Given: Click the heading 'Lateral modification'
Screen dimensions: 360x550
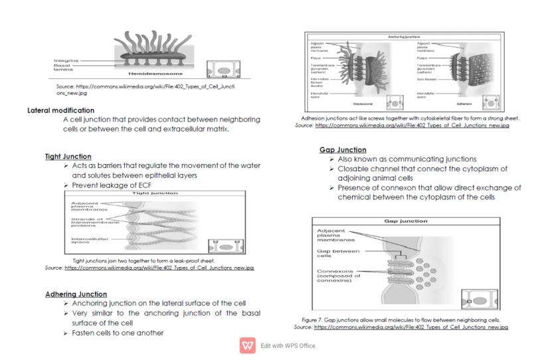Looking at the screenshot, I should click(x=61, y=110).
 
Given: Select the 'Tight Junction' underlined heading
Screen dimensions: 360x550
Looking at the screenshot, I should click(x=68, y=157).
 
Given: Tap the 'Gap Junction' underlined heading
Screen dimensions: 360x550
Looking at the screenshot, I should click(x=343, y=150).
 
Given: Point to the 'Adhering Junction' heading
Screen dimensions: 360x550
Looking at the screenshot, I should click(x=76, y=294).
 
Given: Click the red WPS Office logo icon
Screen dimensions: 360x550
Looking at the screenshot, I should click(x=248, y=345).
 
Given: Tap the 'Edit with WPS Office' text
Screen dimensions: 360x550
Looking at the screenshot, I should click(x=288, y=345).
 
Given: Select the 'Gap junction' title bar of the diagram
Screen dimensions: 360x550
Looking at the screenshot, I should click(x=405, y=221).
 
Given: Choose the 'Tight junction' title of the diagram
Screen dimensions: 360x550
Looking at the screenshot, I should click(x=155, y=193).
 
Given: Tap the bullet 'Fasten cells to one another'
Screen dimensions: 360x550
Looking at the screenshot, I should click(x=118, y=332).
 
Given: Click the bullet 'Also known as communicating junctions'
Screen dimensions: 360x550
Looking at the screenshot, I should click(x=407, y=159).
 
